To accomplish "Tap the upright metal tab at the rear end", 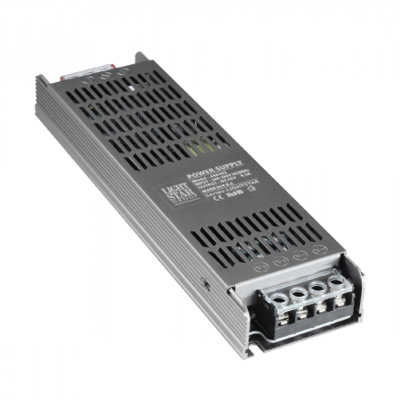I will [x=138, y=61].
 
